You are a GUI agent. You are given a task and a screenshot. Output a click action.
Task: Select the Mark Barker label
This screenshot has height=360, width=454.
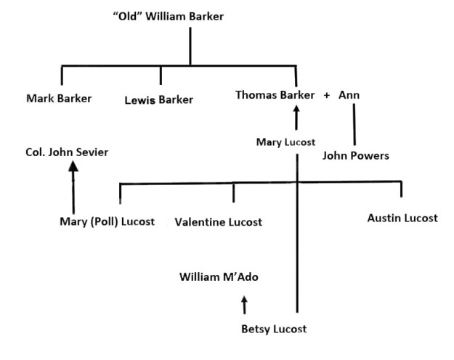(x=59, y=98)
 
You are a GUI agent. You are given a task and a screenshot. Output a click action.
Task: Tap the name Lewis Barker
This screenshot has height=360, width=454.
(x=159, y=99)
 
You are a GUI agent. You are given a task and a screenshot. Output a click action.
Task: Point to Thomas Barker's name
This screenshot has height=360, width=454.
(x=275, y=95)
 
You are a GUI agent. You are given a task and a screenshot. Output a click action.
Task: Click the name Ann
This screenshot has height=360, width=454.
(x=349, y=95)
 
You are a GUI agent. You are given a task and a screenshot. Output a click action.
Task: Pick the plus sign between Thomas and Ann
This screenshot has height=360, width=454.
(x=327, y=95)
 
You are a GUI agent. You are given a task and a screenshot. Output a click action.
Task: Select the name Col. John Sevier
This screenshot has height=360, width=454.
(x=68, y=152)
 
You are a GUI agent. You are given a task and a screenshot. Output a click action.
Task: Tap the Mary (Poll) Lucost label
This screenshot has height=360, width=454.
(x=107, y=221)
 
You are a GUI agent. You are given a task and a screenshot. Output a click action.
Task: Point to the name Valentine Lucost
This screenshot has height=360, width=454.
(x=218, y=222)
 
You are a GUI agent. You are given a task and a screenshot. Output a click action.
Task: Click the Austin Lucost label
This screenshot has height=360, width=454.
(x=402, y=218)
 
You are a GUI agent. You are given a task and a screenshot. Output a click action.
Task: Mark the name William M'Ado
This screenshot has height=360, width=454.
(x=219, y=277)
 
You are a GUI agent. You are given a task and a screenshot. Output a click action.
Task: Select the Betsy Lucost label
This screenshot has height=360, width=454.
(x=274, y=329)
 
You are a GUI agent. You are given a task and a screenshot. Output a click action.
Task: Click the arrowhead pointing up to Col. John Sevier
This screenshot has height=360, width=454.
(x=73, y=166)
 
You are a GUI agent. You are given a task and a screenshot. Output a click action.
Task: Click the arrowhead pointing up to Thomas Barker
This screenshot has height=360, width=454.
(x=296, y=110)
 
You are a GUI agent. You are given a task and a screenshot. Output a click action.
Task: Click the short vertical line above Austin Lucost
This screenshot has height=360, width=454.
(x=401, y=189)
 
